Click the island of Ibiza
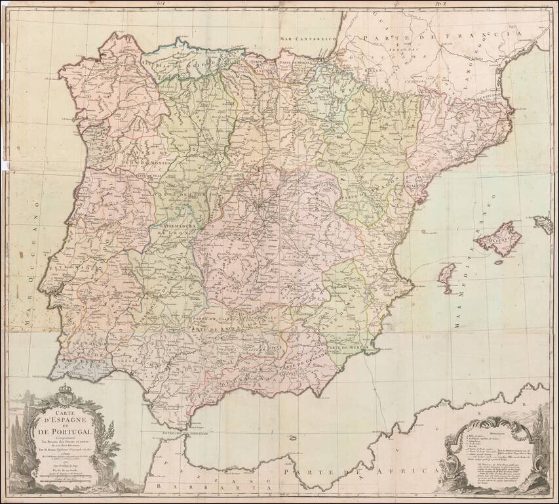point(446,274)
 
